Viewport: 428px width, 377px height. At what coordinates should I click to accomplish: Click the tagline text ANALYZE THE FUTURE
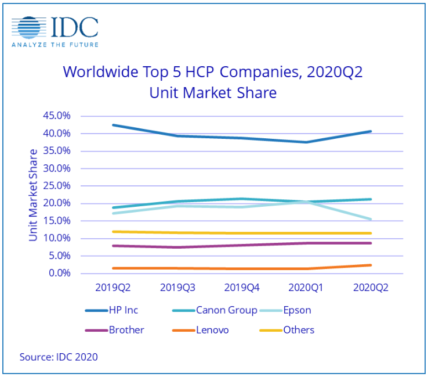56,45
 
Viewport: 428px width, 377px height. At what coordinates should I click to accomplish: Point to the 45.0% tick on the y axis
57,116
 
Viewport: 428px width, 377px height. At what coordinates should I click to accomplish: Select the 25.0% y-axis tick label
57,186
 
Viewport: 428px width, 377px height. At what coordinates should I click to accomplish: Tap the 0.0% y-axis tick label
59,273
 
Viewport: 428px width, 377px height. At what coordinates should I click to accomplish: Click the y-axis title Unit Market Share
34,195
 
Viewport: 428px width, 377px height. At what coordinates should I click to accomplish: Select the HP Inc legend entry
122,310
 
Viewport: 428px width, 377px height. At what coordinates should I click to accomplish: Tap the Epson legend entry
298,310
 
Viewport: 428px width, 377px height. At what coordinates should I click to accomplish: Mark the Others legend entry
299,330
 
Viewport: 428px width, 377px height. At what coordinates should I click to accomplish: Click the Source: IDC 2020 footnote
59,356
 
